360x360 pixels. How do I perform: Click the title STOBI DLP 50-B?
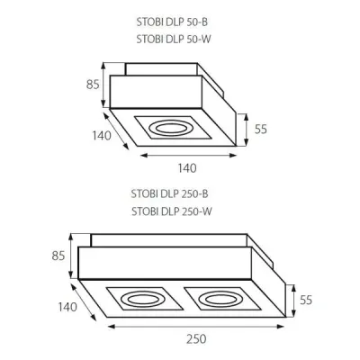pyautogui.click(x=172, y=22)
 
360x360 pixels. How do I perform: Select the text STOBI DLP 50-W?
pyautogui.click(x=174, y=40)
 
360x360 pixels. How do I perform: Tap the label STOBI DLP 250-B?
pyautogui.click(x=169, y=193)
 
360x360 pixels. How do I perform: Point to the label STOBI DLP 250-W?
pyautogui.click(x=172, y=211)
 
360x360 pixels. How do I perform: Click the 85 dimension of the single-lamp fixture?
pyautogui.click(x=93, y=85)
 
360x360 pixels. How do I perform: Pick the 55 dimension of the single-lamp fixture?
pyautogui.click(x=261, y=130)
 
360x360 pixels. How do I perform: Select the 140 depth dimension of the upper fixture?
pyautogui.click(x=102, y=136)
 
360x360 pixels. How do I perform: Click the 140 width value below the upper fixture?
pyautogui.click(x=187, y=168)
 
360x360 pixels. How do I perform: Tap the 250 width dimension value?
pyautogui.click(x=196, y=339)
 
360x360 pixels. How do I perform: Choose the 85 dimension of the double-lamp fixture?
pyautogui.click(x=58, y=256)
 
